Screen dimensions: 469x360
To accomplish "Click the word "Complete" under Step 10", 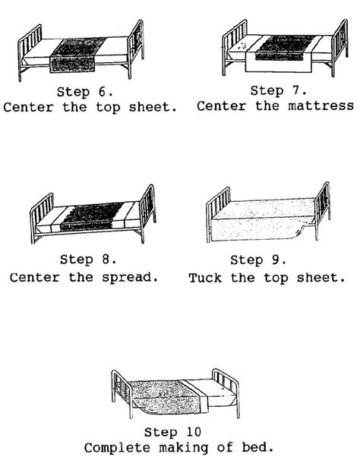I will [114, 447].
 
